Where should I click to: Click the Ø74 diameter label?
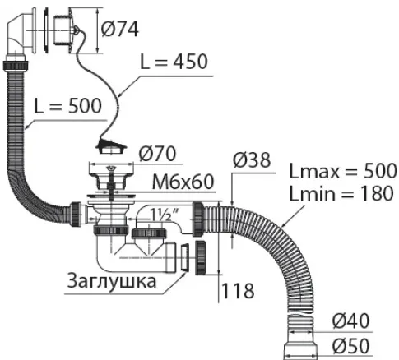[120, 29]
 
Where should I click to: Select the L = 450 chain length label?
[174, 62]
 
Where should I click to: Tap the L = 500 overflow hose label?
[68, 106]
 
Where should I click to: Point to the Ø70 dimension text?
[157, 154]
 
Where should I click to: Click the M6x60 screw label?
[183, 182]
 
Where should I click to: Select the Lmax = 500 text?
[343, 171]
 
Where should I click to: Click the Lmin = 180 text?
[341, 193]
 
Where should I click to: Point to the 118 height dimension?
[238, 291]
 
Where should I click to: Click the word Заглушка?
[112, 280]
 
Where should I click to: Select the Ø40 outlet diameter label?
[350, 321]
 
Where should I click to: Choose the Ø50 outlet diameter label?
[350, 346]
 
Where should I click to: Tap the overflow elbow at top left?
[18, 33]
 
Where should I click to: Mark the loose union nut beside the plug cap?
[201, 258]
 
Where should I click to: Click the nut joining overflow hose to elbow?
[16, 66]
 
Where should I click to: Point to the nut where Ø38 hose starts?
[197, 219]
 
